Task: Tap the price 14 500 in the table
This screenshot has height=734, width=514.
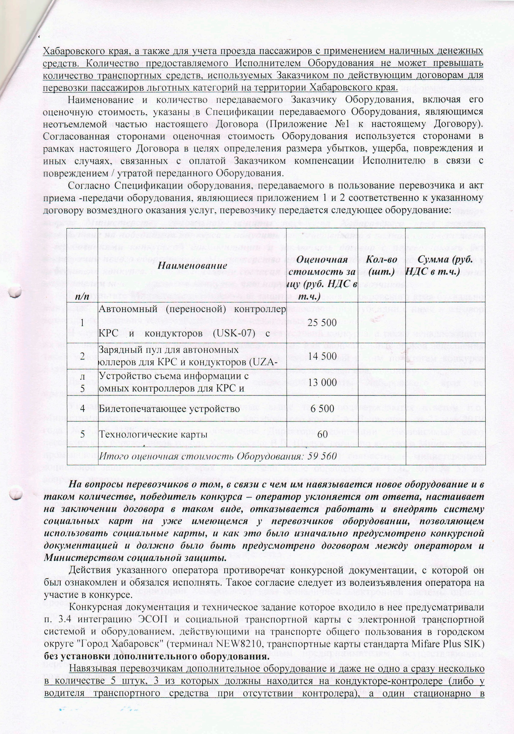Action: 322,356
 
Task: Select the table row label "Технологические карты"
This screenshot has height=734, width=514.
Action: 153,434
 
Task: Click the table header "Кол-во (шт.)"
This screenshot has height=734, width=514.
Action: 381,266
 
